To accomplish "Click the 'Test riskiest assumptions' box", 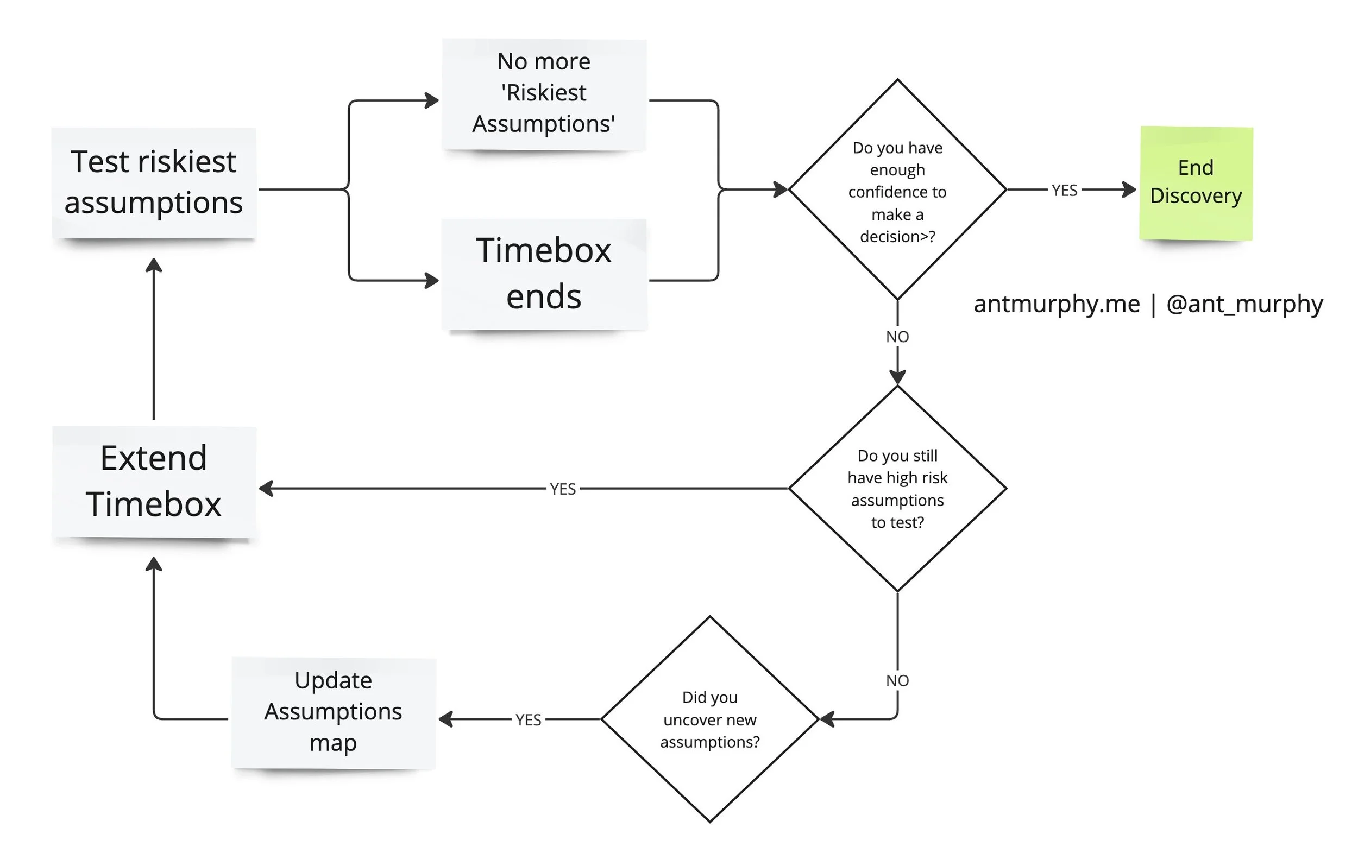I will [153, 182].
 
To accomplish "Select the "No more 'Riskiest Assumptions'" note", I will [544, 93].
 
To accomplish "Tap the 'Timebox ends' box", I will [544, 274].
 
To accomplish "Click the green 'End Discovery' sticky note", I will [1196, 182].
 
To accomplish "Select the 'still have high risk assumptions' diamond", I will [897, 488].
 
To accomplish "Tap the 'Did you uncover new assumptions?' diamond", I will [709, 719].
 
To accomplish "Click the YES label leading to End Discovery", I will [1064, 191].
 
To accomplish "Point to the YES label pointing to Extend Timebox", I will [563, 489].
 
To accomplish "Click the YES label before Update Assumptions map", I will [528, 720].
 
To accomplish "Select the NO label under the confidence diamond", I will [897, 337].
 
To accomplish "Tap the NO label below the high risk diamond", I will [897, 680].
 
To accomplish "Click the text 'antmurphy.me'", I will [1057, 304].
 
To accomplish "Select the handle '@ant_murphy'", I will [1244, 304].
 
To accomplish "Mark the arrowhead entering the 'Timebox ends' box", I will [432, 280].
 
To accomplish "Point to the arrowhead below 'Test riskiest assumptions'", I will [153, 265].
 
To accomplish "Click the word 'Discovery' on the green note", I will [1196, 195].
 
